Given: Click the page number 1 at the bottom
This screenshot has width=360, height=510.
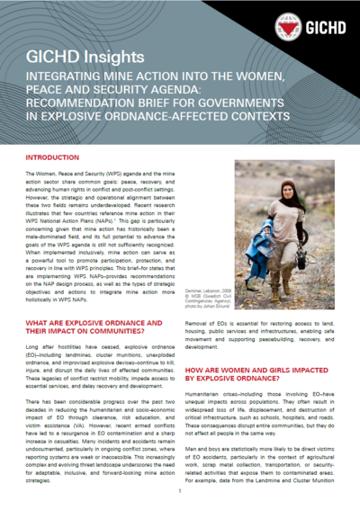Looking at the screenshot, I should coord(180,491).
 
